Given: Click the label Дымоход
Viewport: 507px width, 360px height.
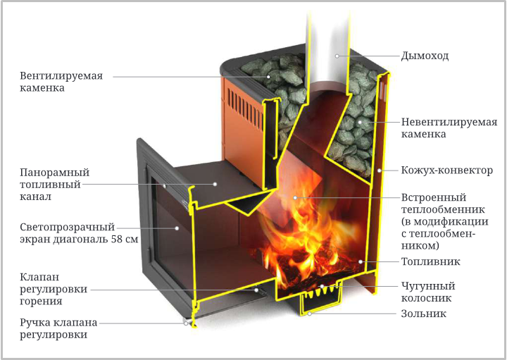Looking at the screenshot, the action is pos(425,56).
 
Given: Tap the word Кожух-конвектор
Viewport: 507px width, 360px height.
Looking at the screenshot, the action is pos(447,170).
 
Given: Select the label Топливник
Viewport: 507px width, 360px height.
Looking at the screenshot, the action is pos(430,261).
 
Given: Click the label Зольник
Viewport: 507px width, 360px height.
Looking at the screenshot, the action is pos(424,314).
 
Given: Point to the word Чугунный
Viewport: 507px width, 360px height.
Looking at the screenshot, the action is pos(428,286).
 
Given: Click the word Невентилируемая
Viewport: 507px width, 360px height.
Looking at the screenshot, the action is pos(449,123).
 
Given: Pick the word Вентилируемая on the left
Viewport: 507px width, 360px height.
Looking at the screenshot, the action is pos(61,76).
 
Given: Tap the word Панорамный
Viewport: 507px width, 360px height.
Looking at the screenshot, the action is pos(55,172).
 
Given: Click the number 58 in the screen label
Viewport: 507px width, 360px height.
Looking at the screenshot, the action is pos(117,240).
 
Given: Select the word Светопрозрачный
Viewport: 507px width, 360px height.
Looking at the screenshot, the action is pos(68,227).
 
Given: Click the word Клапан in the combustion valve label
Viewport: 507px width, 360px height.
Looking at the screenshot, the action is pos(39,277).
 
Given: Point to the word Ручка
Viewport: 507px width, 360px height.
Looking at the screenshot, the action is pos(35,323).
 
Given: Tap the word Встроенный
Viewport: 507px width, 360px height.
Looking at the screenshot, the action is pos(434,197).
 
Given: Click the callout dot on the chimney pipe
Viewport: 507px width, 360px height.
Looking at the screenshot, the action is pos(337,56).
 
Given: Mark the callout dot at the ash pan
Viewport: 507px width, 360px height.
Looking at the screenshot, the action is pos(309,314).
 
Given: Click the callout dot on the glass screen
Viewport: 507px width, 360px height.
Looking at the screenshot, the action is pos(177,228).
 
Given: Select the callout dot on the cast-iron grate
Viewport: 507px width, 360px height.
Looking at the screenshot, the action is pos(322,286).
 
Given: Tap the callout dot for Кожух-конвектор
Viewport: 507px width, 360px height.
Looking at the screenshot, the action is pos(380,170).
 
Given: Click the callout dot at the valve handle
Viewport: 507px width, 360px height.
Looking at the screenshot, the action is pos(186,323).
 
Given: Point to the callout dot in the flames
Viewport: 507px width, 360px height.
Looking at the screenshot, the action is pos(295,197).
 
